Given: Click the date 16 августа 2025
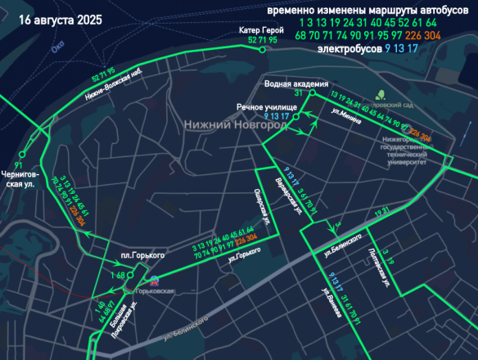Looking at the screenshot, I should tap(55, 20).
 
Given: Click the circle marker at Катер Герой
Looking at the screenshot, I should tap(262, 50).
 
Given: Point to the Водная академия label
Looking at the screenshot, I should tap(296, 83).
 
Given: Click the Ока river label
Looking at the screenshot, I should tap(56, 50).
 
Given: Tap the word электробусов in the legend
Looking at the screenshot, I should tap(348, 49).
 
